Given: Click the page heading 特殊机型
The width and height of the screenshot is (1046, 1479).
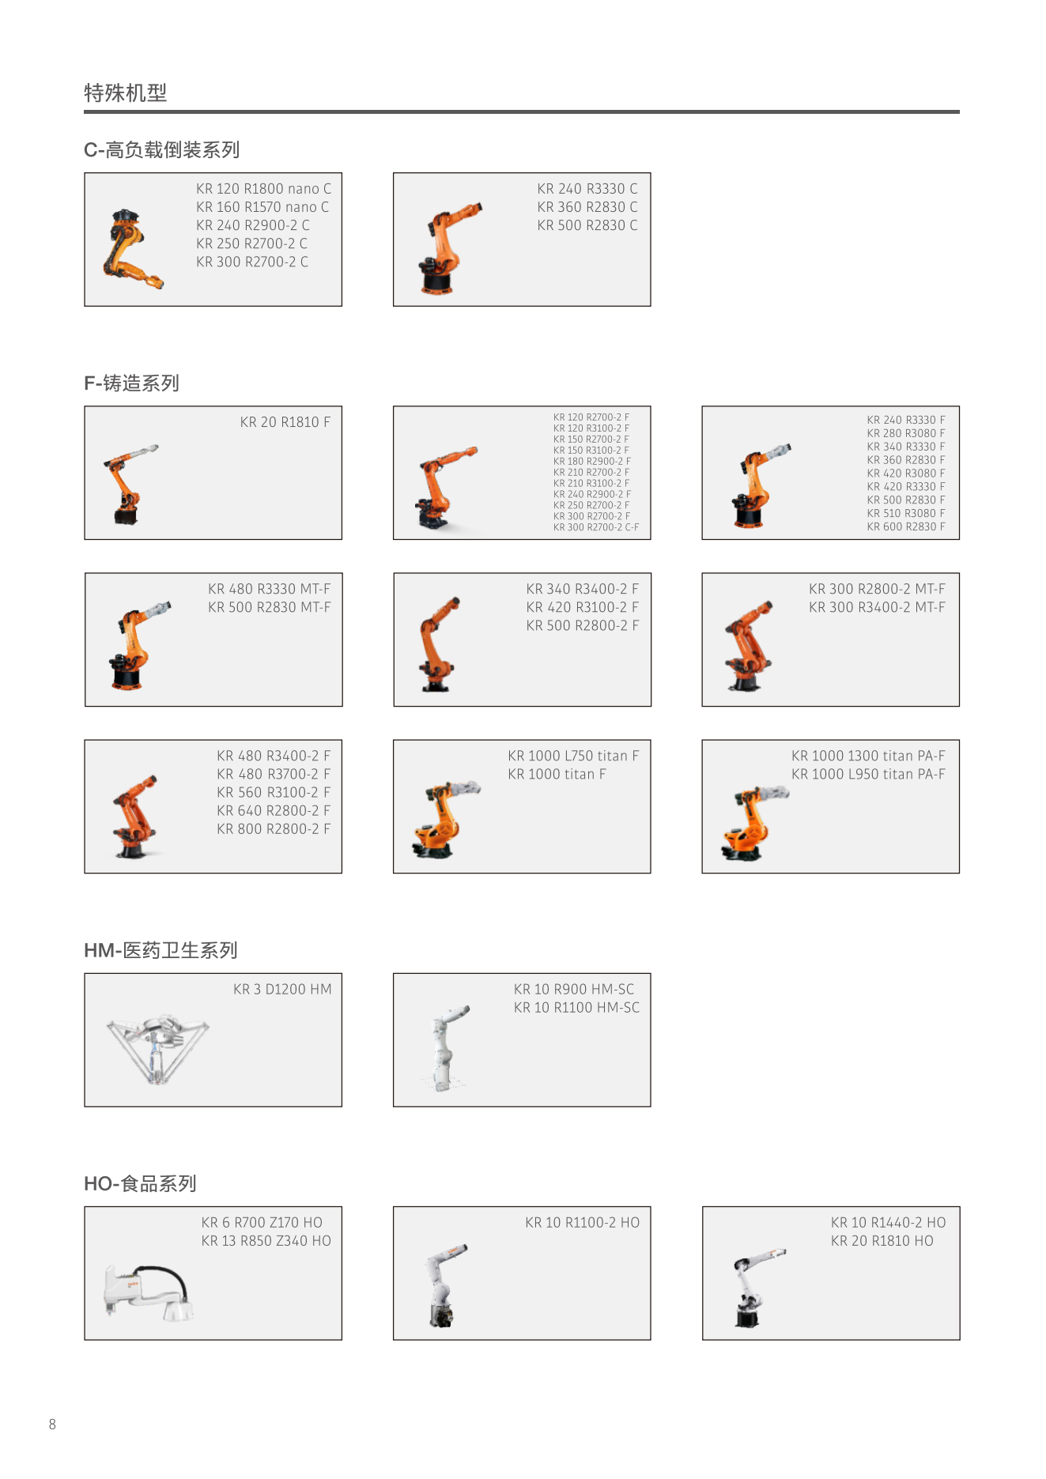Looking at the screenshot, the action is pos(126,93).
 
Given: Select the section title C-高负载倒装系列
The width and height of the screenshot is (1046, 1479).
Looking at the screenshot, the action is pos(162,149).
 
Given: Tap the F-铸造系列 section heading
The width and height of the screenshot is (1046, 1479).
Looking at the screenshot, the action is pos(132,383).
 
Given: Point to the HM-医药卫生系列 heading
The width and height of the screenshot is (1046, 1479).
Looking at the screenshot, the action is pos(161,950).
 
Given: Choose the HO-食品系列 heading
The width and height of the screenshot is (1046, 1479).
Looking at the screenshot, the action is pos(141,1183).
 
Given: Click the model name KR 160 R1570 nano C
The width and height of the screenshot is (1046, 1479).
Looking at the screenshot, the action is pos(262,207).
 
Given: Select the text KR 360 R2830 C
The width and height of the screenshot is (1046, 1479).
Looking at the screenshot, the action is pos(587,207).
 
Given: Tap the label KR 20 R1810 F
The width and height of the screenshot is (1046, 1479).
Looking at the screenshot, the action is pos(285,422).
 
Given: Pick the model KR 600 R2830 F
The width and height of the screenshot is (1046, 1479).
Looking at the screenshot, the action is pos(906,526).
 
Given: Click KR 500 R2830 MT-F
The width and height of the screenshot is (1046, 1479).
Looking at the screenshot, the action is pos(270,607).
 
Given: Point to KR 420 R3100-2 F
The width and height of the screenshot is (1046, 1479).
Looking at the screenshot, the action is pos(583,607).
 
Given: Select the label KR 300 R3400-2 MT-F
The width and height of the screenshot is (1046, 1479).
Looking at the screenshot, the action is pos(877,607).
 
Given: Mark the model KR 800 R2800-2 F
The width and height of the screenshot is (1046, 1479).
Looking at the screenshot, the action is pos(274,828).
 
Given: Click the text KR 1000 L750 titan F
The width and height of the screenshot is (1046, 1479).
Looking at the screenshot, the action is pos(573,756).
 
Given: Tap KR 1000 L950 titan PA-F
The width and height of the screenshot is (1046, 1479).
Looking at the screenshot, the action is pos(868,774).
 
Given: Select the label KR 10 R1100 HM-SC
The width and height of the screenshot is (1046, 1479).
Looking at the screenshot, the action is pos(577,1007).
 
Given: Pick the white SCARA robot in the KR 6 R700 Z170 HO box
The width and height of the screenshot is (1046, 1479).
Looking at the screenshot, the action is pos(148,1292).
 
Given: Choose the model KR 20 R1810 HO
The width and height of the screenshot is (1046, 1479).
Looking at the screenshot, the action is pos(882,1240).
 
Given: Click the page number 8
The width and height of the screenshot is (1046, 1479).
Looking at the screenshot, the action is pos(53,1424).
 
